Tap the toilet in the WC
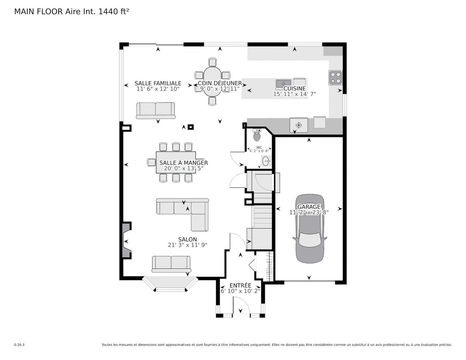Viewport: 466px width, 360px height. (x=257, y=135)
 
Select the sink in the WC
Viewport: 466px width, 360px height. (x=266, y=161)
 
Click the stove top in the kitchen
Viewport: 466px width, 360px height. (x=335, y=77)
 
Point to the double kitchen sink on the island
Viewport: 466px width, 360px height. (x=283, y=83)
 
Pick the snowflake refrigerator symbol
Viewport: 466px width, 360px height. (x=299, y=125)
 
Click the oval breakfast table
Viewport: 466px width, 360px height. (x=212, y=82)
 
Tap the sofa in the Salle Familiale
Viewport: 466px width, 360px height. (x=156, y=110)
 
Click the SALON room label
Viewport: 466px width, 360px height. (x=187, y=240)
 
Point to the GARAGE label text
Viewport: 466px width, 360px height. (x=309, y=207)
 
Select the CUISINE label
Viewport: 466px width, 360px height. (x=294, y=88)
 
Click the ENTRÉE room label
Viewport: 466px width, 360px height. (x=240, y=286)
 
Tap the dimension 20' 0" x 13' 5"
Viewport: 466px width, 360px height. (x=184, y=168)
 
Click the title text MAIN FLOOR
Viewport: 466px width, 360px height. (x=38, y=12)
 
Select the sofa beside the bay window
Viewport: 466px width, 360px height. (x=171, y=264)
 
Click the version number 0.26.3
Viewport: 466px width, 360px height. (x=19, y=345)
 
